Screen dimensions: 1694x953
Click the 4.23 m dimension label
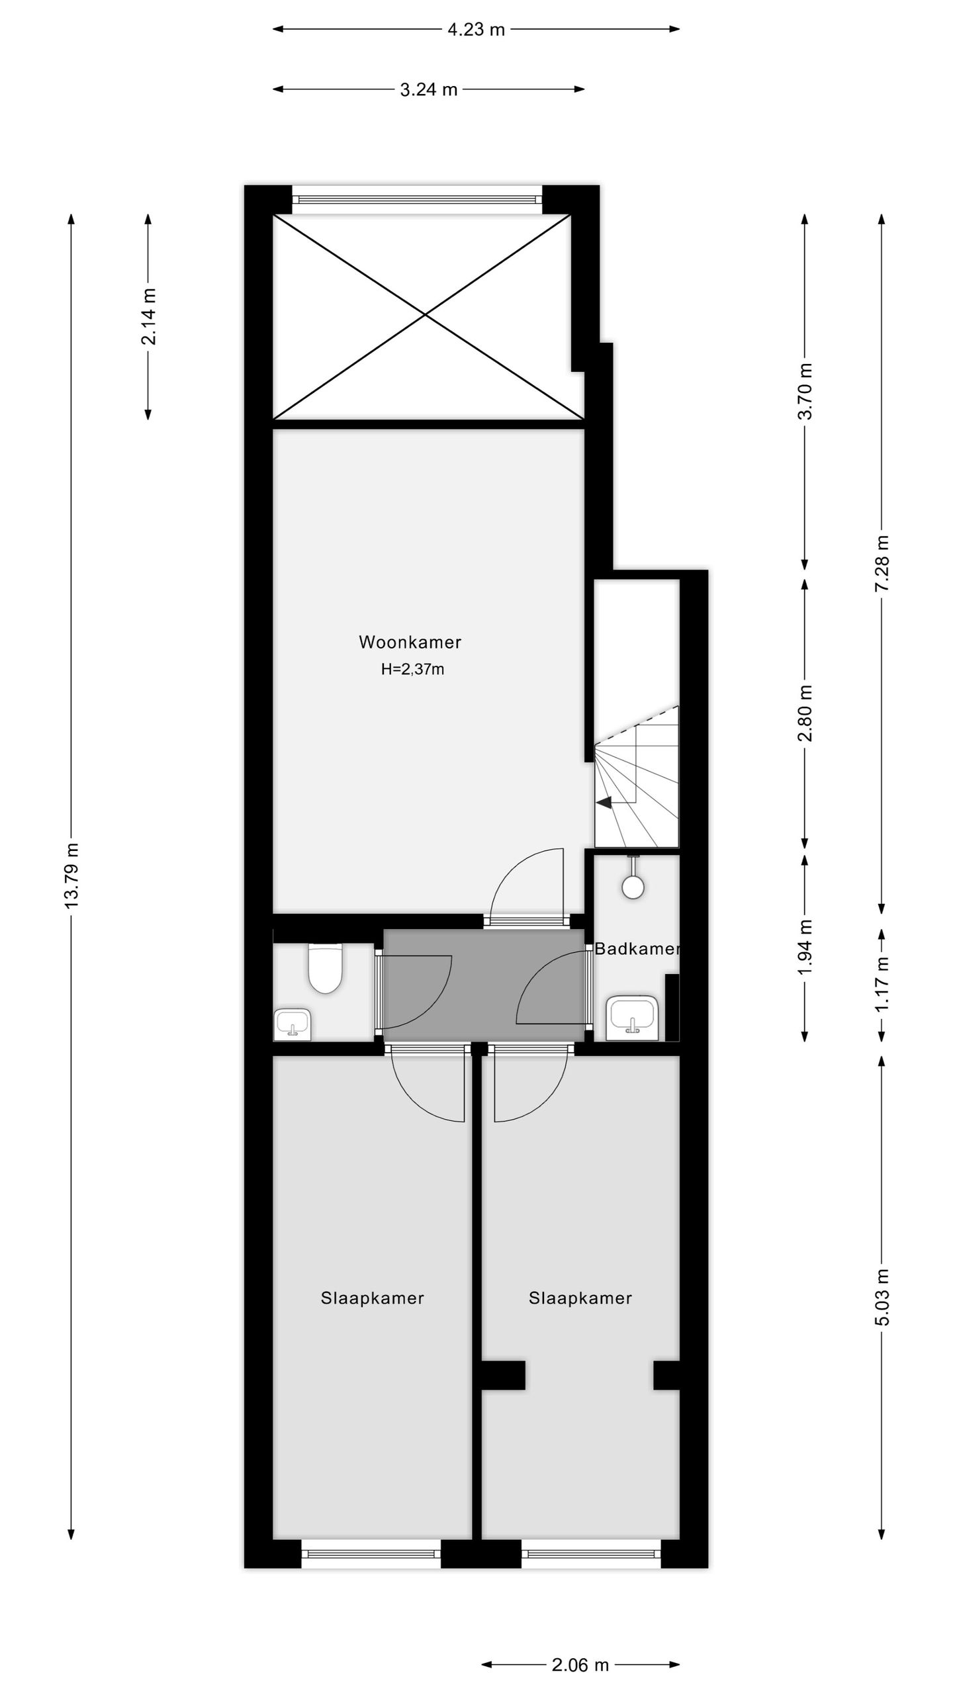tap(476, 29)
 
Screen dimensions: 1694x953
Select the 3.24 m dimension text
tap(429, 89)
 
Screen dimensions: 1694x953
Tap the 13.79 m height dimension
tap(71, 875)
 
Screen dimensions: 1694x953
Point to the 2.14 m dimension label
tap(148, 316)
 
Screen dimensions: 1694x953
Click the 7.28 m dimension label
tap(882, 564)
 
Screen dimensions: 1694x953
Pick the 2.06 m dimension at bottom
tap(580, 1665)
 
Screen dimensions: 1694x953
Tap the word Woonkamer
tap(410, 642)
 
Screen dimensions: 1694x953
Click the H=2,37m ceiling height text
tap(412, 669)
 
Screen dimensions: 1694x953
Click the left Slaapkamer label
tap(372, 1298)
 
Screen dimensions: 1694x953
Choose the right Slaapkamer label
tap(580, 1298)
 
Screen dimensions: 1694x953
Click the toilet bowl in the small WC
tap(325, 970)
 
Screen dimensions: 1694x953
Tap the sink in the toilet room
tap(292, 1024)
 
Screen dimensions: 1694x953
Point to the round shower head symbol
tap(633, 887)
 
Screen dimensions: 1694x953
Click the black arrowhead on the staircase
tap(604, 803)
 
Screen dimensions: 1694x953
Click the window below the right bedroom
tap(591, 1554)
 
